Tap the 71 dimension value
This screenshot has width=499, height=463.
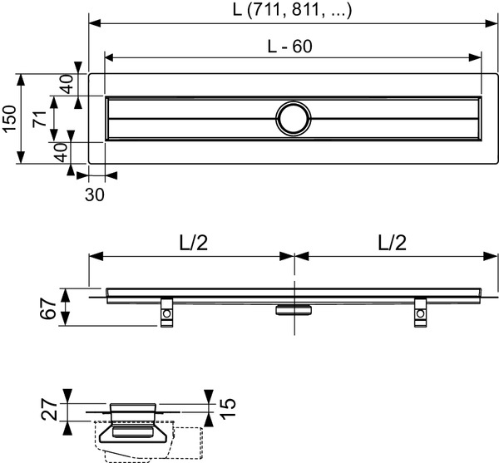pos(37,119)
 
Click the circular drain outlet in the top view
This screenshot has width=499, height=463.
pos(293,118)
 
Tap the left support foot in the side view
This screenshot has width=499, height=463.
pos(166,313)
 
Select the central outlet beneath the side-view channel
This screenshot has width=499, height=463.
pos(294,309)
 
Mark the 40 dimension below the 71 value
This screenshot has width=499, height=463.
pos(60,152)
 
